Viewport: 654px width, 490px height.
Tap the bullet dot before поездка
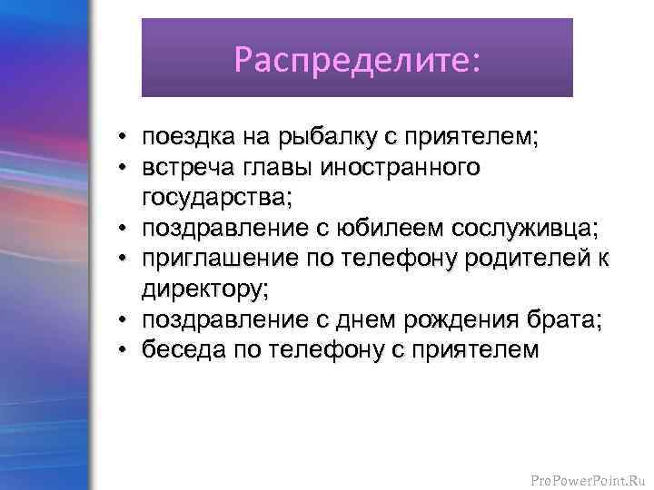click(x=121, y=139)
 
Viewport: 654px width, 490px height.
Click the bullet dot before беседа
click(x=121, y=350)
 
